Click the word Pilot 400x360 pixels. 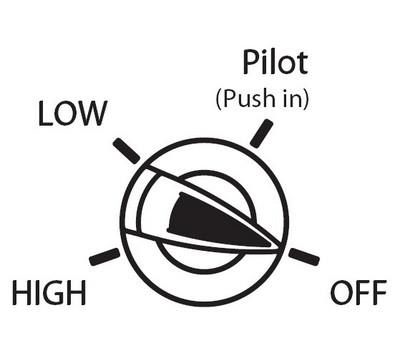[x=275, y=62]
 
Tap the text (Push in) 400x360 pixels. [x=262, y=99]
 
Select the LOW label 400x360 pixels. [x=72, y=113]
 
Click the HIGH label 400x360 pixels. [x=49, y=292]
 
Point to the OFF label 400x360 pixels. [x=359, y=292]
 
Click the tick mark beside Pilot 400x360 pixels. [x=262, y=133]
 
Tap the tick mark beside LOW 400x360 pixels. [x=126, y=151]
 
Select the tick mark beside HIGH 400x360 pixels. [x=105, y=257]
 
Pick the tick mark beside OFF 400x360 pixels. [x=304, y=257]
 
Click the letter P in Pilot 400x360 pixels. [x=251, y=62]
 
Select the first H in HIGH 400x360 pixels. [x=21, y=292]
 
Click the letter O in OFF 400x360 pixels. [x=341, y=292]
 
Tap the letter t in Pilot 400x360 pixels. [x=302, y=64]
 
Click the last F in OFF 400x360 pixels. [x=380, y=292]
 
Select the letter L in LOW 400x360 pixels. [x=45, y=113]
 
